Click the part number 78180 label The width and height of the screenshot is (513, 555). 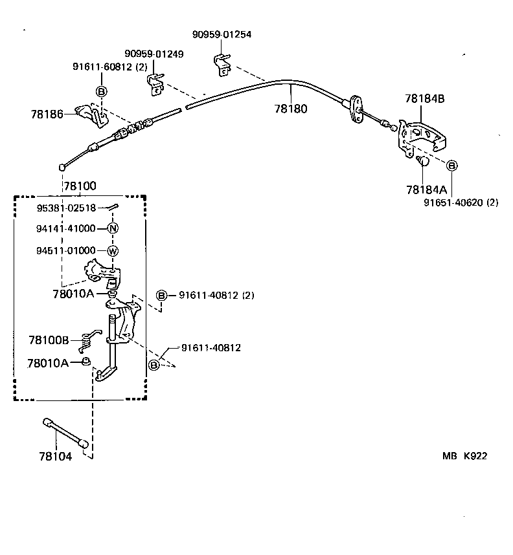point(291,109)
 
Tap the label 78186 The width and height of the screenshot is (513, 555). point(47,114)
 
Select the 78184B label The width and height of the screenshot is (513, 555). point(425,99)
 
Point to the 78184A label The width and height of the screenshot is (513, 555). point(426,190)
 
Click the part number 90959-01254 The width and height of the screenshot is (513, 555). point(222,34)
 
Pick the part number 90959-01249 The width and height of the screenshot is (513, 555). point(154,54)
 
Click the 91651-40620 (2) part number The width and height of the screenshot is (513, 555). point(452,202)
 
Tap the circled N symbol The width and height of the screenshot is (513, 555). point(113,228)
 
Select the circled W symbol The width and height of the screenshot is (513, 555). point(113,251)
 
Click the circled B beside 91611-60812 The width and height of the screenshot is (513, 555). point(101,91)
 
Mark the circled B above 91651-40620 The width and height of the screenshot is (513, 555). point(452,166)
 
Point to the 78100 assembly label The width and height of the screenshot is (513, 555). point(80,186)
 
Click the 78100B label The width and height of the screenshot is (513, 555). point(49,339)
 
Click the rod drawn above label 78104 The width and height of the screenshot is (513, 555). point(66,431)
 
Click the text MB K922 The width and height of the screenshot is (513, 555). point(464,455)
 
